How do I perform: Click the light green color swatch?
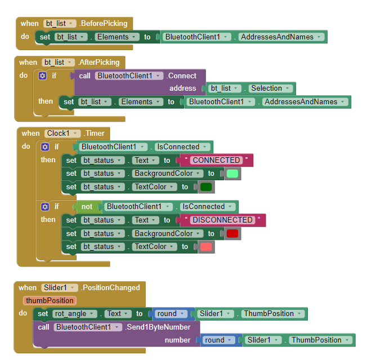coord(232,174)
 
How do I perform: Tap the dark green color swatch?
coord(206,187)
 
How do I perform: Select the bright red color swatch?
coord(232,233)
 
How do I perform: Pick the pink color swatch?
coord(206,247)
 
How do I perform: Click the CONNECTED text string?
coord(216,160)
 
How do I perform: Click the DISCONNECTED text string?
coord(222,220)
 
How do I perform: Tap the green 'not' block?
coord(87,207)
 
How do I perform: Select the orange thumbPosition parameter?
coord(50,300)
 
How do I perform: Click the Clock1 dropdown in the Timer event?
coord(62,133)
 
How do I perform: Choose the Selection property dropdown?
coord(271,88)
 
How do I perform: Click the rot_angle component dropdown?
coord(74,314)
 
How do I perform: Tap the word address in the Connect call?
coord(183,88)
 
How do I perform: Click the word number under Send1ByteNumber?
coord(178,340)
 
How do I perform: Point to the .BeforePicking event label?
coord(104,24)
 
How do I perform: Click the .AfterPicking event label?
coord(99,63)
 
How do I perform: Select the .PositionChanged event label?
coord(110,287)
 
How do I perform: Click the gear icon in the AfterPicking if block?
coord(42,76)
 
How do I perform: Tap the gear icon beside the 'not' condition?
coord(45,207)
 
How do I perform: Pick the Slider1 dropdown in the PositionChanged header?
coord(60,287)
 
